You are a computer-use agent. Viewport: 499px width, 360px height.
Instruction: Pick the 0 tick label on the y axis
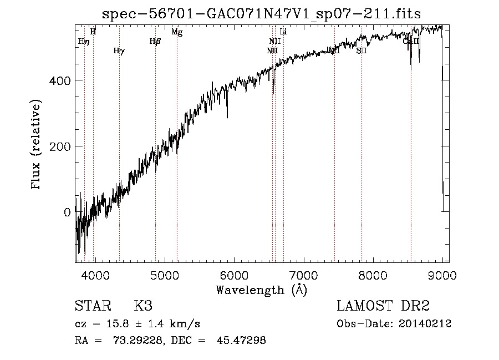coord(67,212)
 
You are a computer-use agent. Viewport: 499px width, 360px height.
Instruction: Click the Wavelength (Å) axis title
coord(261,290)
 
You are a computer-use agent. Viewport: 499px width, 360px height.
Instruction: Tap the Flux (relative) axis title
coord(37,145)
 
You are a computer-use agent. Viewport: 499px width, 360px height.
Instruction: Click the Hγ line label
coord(119,51)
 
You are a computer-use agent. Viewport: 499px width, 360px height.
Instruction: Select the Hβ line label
coord(155,41)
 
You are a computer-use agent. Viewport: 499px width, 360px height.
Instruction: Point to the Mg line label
coord(177,32)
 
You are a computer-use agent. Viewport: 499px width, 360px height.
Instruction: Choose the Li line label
coord(283,32)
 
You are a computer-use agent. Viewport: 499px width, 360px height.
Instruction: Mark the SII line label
coord(361,51)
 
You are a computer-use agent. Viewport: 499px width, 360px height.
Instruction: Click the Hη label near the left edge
coord(84,41)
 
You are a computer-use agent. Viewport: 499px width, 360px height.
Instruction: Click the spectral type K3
coord(143,306)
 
